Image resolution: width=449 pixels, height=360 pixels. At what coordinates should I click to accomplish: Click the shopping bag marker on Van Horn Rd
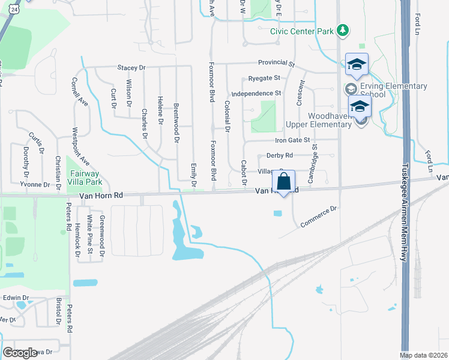284,181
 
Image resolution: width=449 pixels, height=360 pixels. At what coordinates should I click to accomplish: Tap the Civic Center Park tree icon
342,29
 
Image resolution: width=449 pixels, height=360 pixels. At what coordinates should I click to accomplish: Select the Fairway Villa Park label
83,177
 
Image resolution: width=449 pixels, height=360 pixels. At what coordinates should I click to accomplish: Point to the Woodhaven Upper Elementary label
318,119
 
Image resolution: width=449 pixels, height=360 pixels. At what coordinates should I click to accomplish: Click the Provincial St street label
277,63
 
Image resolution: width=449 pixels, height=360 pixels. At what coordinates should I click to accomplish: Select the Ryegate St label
264,78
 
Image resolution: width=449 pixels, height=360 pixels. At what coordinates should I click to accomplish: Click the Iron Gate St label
292,140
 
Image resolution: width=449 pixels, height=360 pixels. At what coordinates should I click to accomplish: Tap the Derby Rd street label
279,155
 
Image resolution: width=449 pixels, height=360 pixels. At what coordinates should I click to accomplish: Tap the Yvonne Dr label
33,184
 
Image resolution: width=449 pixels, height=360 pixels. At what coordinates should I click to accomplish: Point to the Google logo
20,353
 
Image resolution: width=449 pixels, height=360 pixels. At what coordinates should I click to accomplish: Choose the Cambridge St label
312,163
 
